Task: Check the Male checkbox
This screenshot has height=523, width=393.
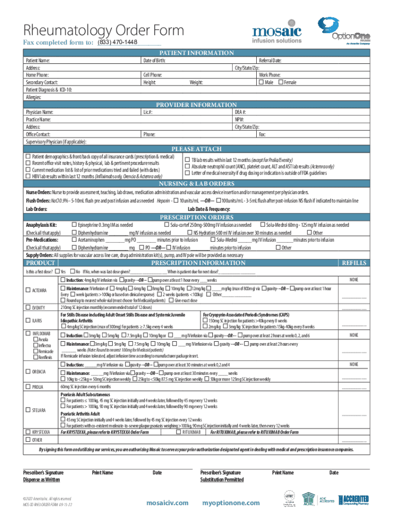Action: pos(261,82)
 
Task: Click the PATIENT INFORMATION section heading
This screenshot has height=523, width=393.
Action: pos(196,53)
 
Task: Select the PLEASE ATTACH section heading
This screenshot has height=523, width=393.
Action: pos(196,149)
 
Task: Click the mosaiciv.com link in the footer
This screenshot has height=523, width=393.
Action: pos(167,503)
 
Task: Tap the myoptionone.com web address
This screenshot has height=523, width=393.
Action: pos(231,503)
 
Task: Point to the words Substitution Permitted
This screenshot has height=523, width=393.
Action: pos(222,480)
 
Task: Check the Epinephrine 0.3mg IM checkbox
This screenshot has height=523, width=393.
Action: pos(74,225)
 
